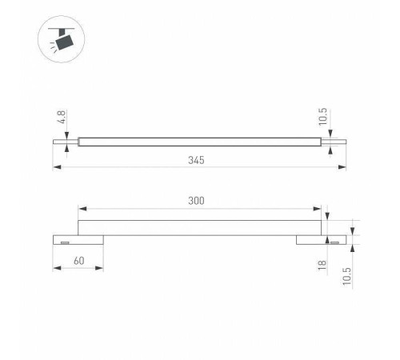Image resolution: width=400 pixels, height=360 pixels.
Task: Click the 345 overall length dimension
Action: pos(196,160)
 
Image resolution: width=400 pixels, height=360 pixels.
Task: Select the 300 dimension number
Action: pos(196,201)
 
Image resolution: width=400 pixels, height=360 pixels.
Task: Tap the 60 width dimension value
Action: pos(79,261)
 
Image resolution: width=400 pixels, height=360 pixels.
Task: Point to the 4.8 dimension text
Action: pos(62,117)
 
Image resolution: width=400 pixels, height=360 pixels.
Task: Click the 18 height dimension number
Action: pos(322,265)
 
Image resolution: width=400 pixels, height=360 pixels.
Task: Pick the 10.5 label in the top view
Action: pos(322,117)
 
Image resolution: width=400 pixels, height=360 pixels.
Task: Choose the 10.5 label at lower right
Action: pos(347,276)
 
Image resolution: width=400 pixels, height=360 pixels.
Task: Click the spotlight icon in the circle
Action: pos(62,39)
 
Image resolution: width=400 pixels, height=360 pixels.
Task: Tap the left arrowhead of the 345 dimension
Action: pos(57,167)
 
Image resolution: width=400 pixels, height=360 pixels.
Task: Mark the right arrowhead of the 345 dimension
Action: pos(342,167)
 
